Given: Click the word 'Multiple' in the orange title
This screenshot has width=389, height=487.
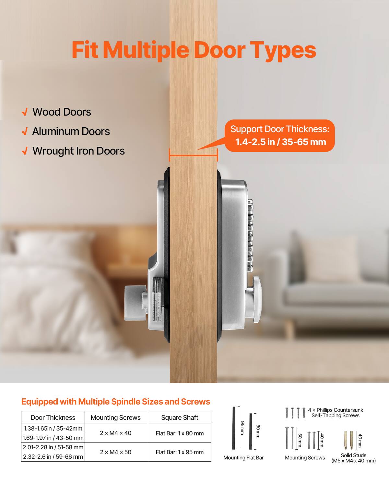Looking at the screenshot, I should [x=146, y=50].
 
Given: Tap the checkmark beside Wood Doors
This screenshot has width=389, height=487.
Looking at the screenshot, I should [x=24, y=112].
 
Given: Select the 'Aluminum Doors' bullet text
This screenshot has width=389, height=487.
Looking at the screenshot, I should [x=71, y=131].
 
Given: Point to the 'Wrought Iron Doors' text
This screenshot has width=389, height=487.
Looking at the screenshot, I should [x=78, y=151].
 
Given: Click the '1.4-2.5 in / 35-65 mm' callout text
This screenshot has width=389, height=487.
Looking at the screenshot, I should [x=280, y=142].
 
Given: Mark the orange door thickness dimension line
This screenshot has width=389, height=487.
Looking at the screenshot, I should [x=193, y=156].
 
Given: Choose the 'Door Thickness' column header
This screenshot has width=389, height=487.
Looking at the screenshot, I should [x=53, y=418].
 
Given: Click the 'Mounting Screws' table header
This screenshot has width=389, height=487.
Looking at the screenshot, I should [x=116, y=418].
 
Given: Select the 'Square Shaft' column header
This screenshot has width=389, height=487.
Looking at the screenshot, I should [x=180, y=418].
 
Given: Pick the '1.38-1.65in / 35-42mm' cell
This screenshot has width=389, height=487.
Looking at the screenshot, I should [x=53, y=428].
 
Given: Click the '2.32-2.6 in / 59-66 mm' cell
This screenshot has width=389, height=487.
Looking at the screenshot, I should [x=53, y=457].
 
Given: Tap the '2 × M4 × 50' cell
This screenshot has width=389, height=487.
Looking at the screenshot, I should [x=116, y=452].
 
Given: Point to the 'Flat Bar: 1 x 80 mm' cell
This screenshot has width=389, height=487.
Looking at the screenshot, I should [x=180, y=433].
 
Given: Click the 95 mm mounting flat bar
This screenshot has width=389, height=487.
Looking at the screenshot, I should [x=234, y=428].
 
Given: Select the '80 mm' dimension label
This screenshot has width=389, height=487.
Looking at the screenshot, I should [x=258, y=431].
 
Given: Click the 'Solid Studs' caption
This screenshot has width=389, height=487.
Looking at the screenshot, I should [x=353, y=455].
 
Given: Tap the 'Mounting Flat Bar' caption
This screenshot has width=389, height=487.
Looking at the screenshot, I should [x=243, y=458].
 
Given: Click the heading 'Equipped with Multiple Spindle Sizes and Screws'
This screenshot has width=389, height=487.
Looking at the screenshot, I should [x=116, y=402].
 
